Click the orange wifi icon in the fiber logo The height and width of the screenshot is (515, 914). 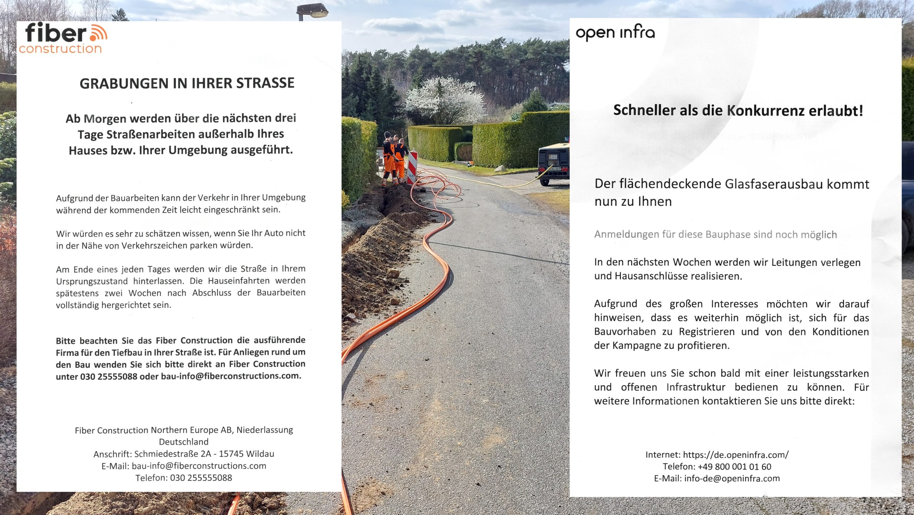(99, 33)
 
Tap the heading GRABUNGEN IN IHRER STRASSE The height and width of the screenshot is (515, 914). (187, 83)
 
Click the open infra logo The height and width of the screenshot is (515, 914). (615, 33)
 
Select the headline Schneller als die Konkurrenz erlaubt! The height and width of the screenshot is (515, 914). (738, 110)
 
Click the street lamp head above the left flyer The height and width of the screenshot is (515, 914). (313, 11)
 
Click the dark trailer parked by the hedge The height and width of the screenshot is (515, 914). (554, 163)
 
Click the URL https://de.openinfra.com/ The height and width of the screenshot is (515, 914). (735, 455)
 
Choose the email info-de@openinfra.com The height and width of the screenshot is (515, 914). (732, 479)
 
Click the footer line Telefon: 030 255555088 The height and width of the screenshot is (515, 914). (184, 478)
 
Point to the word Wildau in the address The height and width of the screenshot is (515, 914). (260, 454)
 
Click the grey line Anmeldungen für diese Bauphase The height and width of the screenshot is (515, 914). (715, 234)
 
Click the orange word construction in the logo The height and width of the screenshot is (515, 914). (60, 49)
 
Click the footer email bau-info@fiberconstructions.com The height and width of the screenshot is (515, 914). (199, 466)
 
